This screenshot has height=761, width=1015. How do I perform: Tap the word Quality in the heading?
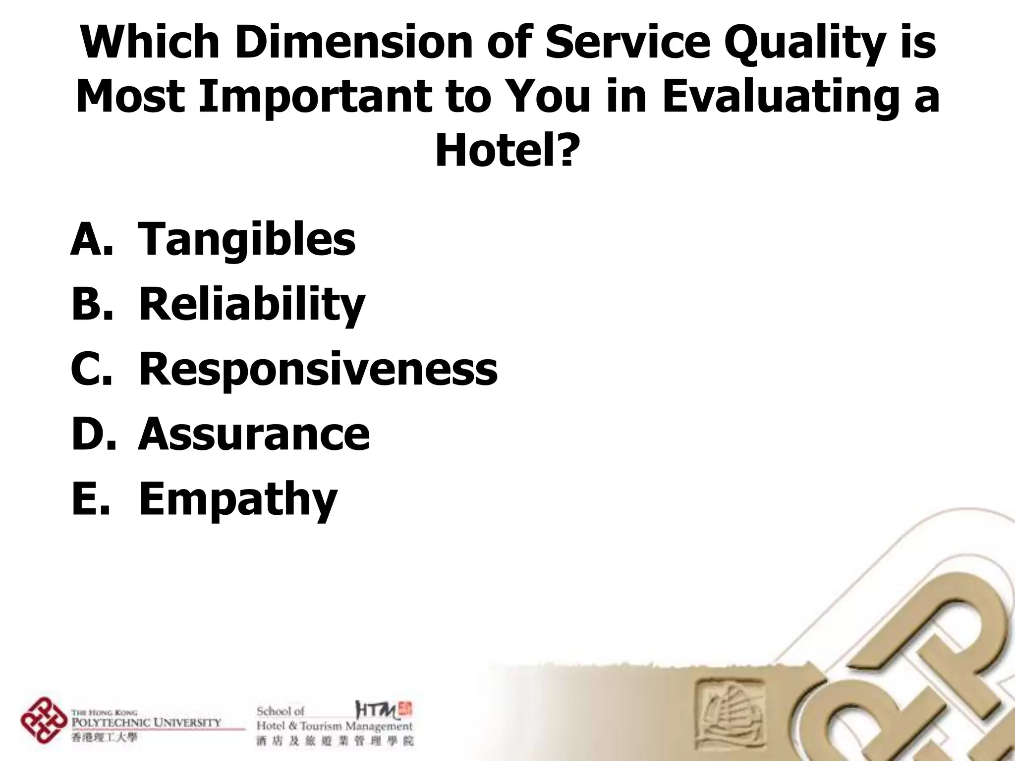point(802,44)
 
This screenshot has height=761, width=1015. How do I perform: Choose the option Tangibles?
point(246,239)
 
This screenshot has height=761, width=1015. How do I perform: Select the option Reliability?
point(252,304)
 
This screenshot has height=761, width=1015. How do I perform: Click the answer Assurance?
point(254,434)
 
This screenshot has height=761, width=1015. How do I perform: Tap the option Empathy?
point(238,499)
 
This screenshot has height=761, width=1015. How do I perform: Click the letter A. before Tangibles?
point(92,239)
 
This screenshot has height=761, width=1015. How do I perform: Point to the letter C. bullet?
point(92,369)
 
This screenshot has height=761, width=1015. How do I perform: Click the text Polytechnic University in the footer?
point(146,722)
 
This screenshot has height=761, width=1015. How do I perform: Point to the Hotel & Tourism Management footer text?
point(334,726)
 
